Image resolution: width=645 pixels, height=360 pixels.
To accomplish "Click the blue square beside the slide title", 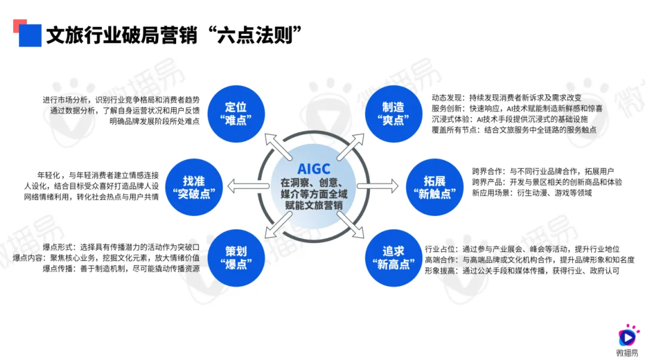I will click(x=30, y=35).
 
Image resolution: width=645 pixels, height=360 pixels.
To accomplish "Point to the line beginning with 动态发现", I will click(x=506, y=97).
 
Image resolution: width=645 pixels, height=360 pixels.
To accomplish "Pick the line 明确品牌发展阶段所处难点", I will click(x=154, y=121).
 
